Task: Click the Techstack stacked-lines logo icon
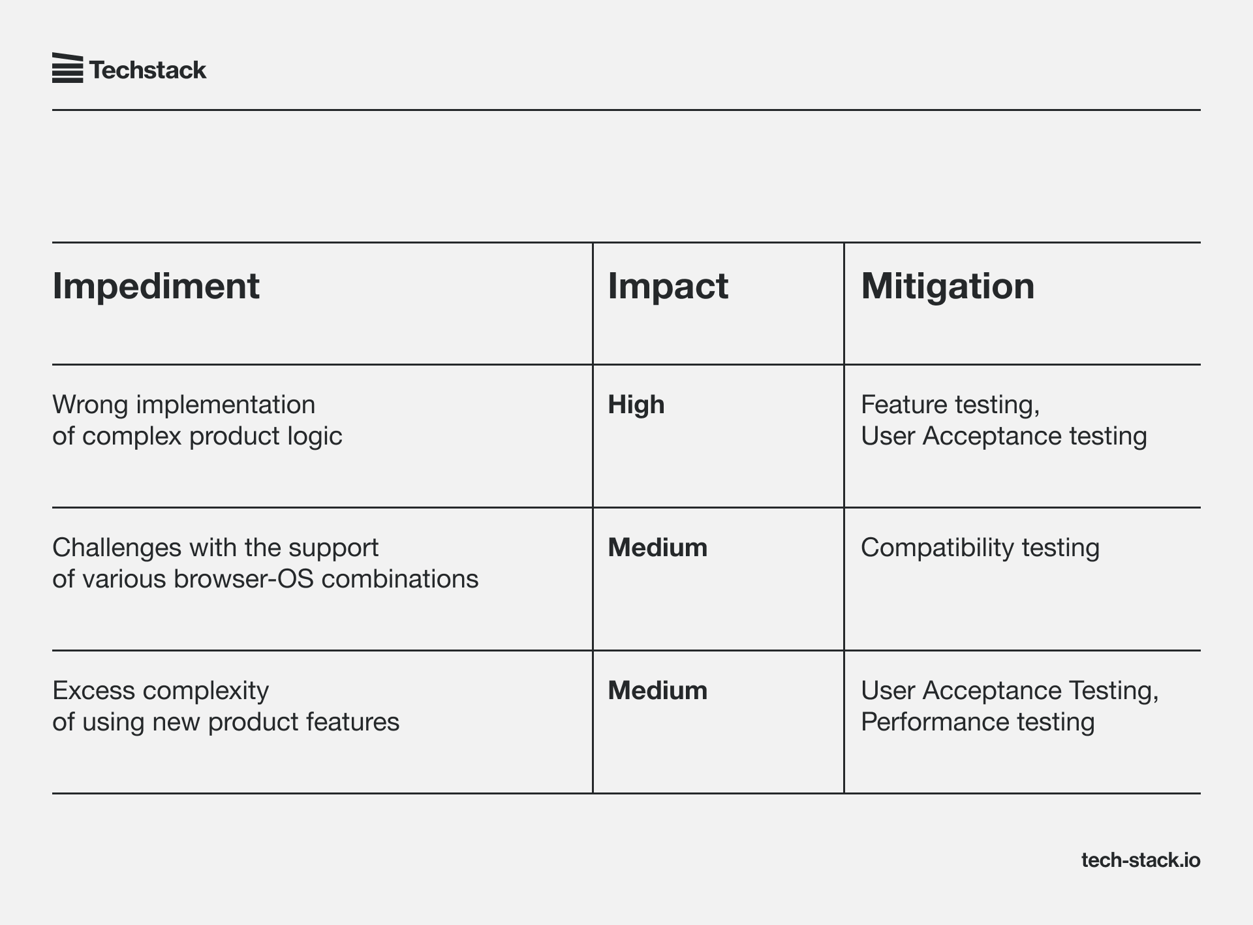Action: click(x=67, y=68)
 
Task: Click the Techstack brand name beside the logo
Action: click(x=147, y=70)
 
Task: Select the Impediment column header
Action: click(x=156, y=286)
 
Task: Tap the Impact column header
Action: click(x=668, y=286)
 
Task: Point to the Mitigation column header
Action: click(x=948, y=286)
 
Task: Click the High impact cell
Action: click(x=636, y=405)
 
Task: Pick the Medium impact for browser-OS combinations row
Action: click(x=657, y=547)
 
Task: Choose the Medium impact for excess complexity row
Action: click(x=657, y=690)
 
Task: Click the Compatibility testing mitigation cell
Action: click(x=980, y=548)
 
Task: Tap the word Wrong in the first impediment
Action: click(x=90, y=405)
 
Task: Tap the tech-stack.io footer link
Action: click(x=1141, y=860)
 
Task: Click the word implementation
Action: click(x=225, y=405)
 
